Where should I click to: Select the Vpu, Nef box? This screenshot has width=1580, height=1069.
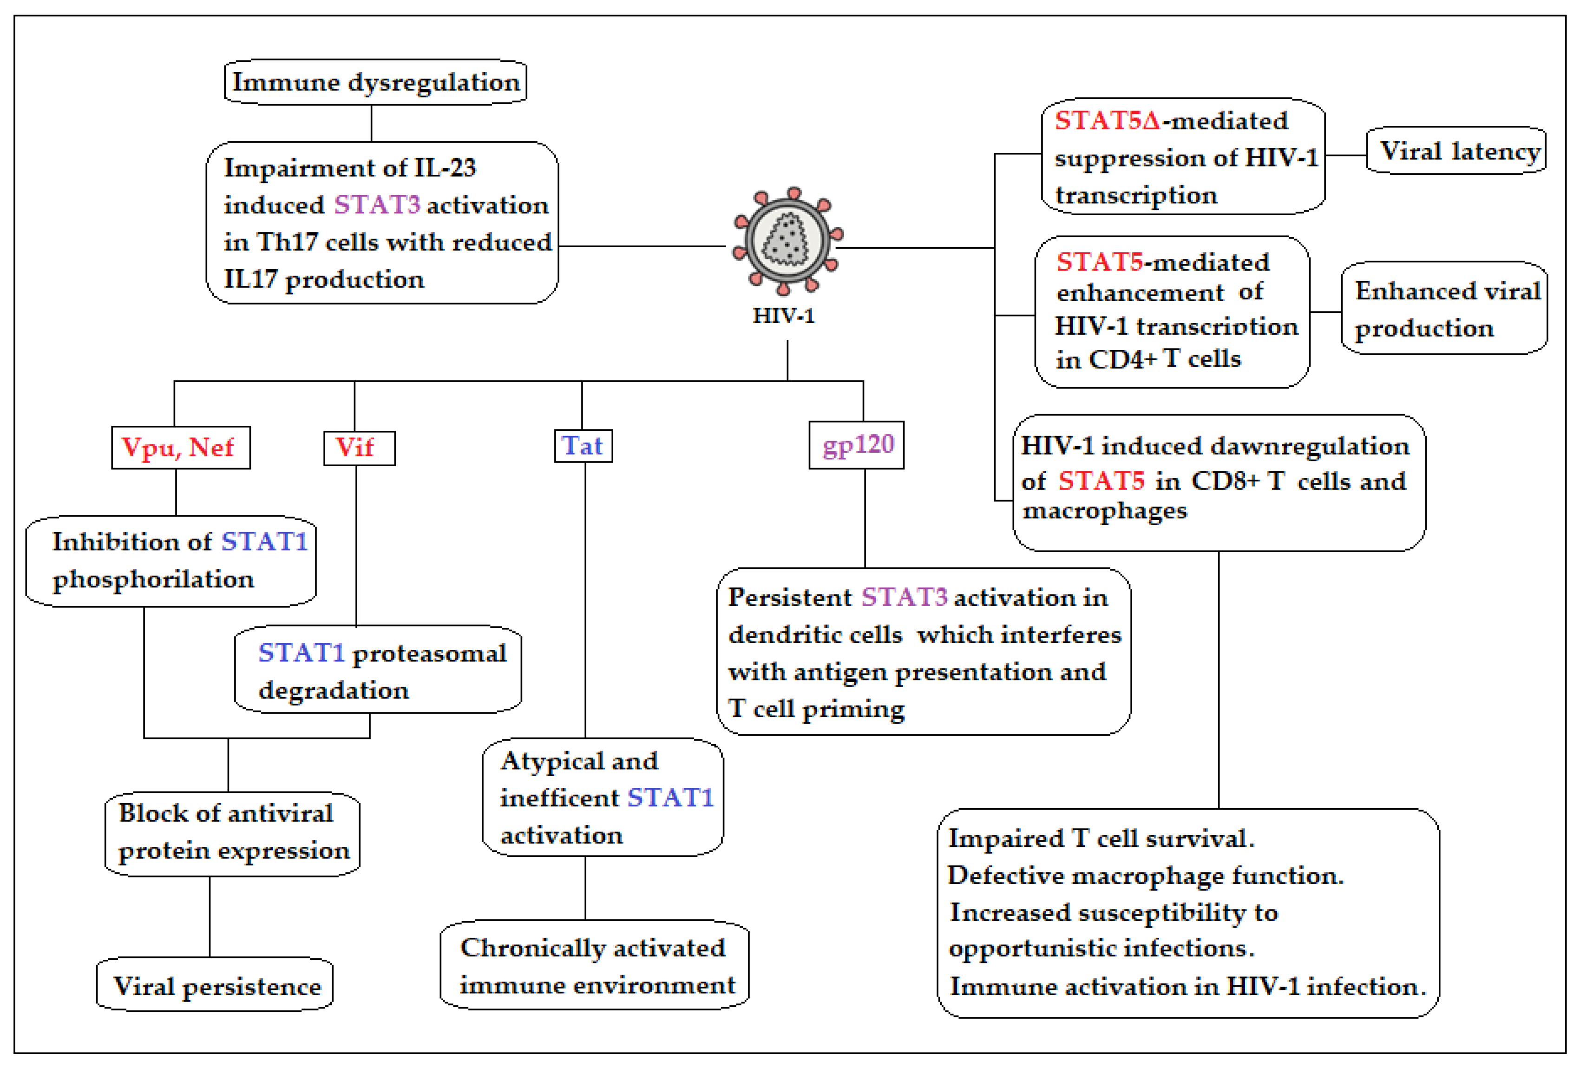click(x=181, y=448)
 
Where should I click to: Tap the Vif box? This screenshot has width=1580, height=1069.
click(x=360, y=448)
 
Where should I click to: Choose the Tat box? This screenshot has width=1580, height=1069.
click(x=584, y=446)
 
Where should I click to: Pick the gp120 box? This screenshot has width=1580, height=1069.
click(x=857, y=445)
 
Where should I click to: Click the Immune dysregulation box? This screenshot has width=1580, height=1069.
click(x=375, y=82)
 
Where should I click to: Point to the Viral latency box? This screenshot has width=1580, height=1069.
click(x=1456, y=150)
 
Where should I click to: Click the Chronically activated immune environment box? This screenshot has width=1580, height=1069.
click(x=595, y=965)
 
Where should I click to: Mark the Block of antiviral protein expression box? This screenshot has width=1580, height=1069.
click(x=232, y=834)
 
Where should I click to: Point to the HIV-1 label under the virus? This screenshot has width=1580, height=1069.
click(x=783, y=316)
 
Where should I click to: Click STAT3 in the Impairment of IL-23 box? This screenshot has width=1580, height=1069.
click(x=377, y=205)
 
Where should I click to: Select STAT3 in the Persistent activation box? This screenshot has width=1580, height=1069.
click(x=904, y=597)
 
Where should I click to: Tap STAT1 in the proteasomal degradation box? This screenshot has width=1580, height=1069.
click(x=301, y=653)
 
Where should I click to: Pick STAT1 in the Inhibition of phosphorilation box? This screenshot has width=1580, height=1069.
click(x=264, y=542)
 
